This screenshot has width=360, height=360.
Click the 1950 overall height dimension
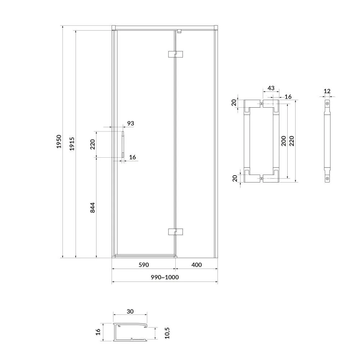[59, 141]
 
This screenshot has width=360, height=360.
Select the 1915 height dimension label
[72, 144]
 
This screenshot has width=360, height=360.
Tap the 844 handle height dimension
[92, 208]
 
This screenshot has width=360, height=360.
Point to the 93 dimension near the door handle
[131, 123]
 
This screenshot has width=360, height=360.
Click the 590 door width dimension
[144, 265]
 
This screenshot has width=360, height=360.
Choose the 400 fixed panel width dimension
[197, 265]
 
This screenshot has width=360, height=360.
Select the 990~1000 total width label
[165, 277]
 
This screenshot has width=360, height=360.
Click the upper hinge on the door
[175, 54]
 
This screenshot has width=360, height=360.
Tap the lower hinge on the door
[175, 232]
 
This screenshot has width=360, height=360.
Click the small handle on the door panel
[123, 144]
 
